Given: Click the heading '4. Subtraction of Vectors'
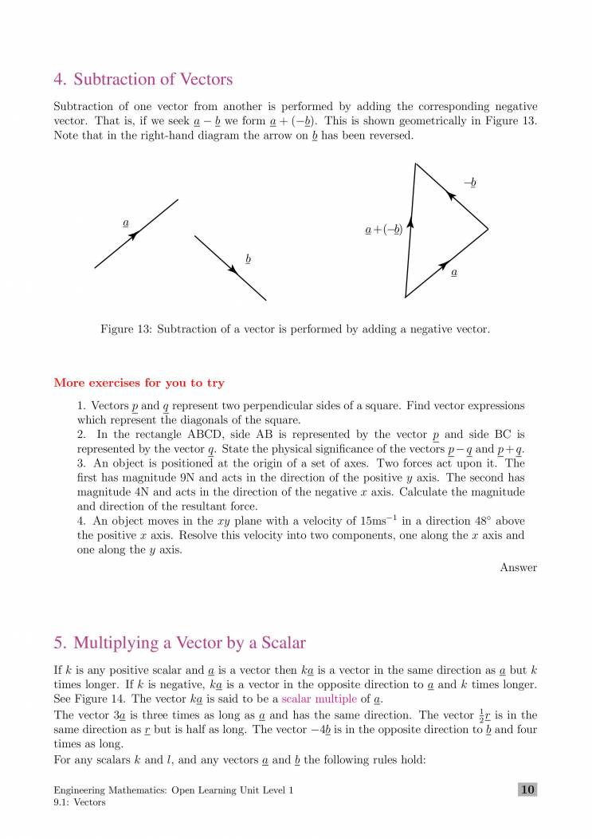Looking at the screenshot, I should coord(143,80).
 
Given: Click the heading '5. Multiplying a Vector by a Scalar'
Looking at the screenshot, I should coord(179,642).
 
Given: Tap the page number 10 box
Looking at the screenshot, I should coord(527,790).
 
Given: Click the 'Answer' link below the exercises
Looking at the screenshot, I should coord(518,568).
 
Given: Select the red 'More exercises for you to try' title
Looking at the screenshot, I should coord(139,383).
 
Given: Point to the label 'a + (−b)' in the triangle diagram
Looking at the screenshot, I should coord(383,230).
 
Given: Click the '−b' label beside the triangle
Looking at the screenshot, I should coord(470,183).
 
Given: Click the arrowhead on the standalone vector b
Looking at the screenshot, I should coord(233,270).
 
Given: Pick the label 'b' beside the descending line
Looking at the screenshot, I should coord(249,259).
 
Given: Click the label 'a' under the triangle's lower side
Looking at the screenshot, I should coord(454,273).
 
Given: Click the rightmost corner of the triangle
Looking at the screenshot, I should coord(488,230).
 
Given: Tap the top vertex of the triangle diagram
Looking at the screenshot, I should coord(415,163).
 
